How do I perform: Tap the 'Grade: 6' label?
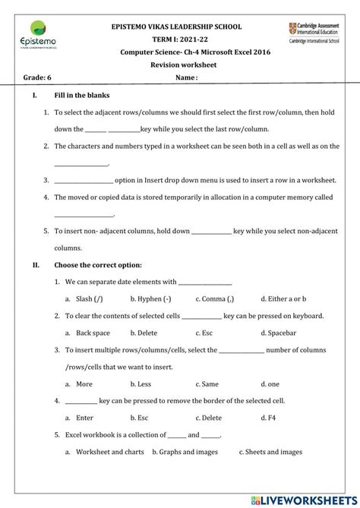[38, 77]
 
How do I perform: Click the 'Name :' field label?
[186, 77]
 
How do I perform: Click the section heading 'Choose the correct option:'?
[98, 265]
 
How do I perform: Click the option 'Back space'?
[93, 333]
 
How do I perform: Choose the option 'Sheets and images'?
[273, 452]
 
